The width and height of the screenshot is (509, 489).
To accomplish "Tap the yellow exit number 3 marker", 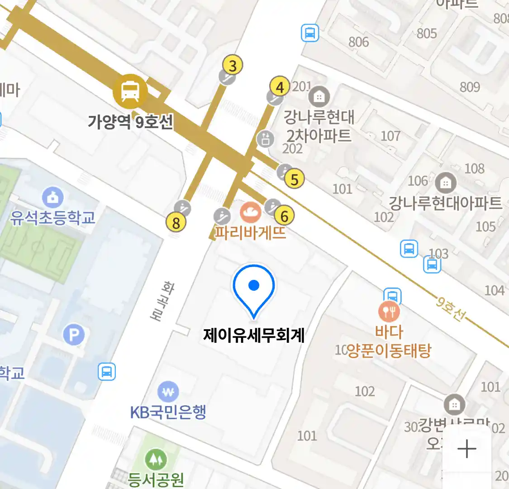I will [233, 66].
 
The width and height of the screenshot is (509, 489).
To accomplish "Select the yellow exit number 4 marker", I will [280, 86].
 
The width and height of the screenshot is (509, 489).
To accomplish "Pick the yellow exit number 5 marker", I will [295, 179].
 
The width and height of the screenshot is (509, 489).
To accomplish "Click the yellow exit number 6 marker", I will [285, 216].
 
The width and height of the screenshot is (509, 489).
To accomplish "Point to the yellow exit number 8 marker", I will [176, 222].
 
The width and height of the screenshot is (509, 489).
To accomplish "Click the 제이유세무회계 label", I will [254, 336].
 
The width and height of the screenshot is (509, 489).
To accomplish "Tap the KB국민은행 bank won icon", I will [168, 392].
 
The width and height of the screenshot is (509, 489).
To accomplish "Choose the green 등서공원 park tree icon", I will [156, 460].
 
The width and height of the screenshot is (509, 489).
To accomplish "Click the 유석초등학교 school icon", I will [53, 198].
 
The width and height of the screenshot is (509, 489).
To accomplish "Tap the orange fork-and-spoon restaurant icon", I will [389, 311].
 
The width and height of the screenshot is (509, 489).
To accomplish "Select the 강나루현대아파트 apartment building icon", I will [446, 182].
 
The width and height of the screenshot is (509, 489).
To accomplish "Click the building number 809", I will [470, 86].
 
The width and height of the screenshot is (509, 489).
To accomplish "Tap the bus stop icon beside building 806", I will [310, 33].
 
